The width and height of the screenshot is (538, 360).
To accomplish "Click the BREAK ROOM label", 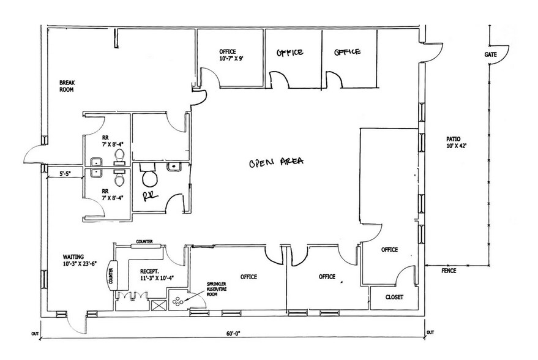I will tap(67, 86).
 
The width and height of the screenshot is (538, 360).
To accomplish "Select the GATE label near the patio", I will tap(491, 54).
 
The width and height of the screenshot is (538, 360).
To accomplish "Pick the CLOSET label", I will tap(394, 297).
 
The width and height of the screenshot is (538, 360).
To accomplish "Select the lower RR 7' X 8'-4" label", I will tap(113, 195).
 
